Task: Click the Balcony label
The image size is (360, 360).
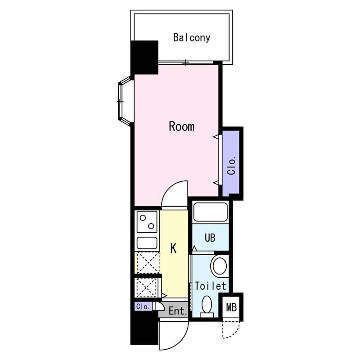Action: (x=192, y=38)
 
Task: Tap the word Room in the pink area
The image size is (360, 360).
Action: (x=182, y=126)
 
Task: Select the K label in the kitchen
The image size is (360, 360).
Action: (x=173, y=248)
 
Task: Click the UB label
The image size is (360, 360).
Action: (x=210, y=238)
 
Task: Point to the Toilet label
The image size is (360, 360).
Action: (x=211, y=286)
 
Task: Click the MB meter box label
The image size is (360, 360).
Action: (x=231, y=307)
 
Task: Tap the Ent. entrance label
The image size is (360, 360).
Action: (x=178, y=311)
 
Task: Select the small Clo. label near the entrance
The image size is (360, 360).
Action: (x=143, y=306)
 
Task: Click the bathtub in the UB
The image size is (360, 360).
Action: (x=211, y=212)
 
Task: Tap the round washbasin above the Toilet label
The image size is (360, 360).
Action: (x=220, y=265)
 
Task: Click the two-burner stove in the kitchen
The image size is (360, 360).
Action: (x=147, y=222)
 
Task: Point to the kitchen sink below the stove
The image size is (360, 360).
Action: (x=147, y=243)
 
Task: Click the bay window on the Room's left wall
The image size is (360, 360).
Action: (x=124, y=101)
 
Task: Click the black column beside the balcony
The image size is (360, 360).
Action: (x=144, y=58)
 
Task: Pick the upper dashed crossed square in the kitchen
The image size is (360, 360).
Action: (x=148, y=262)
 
